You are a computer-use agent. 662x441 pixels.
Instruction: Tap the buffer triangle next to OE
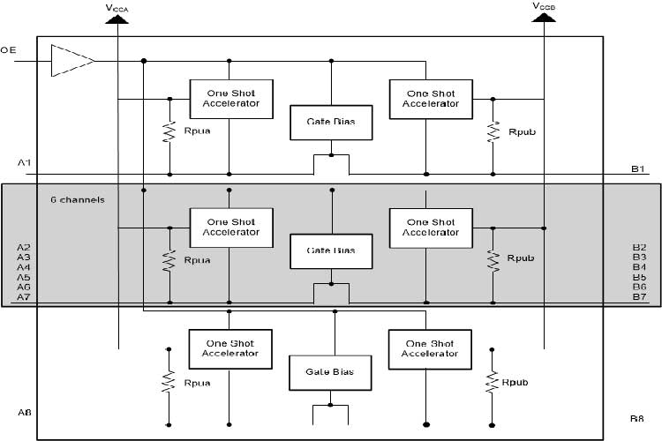click(x=71, y=60)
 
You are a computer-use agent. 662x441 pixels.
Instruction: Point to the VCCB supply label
click(x=545, y=6)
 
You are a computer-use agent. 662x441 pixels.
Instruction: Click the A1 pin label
click(x=24, y=163)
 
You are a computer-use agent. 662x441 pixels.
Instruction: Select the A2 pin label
click(x=24, y=247)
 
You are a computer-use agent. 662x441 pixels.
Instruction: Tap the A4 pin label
click(x=24, y=267)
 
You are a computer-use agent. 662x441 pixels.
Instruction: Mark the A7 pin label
click(x=24, y=297)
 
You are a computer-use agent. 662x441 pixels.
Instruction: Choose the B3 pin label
click(x=639, y=257)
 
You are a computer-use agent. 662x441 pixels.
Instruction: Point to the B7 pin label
click(x=639, y=297)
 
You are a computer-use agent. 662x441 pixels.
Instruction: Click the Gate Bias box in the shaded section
click(x=331, y=250)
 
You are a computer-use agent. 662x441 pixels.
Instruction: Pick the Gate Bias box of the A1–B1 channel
click(x=331, y=122)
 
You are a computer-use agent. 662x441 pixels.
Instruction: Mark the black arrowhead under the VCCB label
click(x=545, y=19)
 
